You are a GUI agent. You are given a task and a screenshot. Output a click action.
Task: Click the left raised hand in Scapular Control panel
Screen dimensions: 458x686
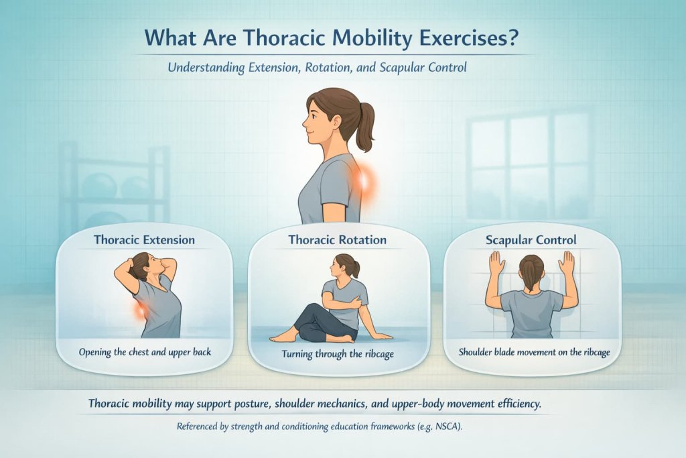pyautogui.click(x=496, y=264)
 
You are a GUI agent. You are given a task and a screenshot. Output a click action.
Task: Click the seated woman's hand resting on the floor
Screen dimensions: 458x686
pyautogui.click(x=383, y=335)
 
